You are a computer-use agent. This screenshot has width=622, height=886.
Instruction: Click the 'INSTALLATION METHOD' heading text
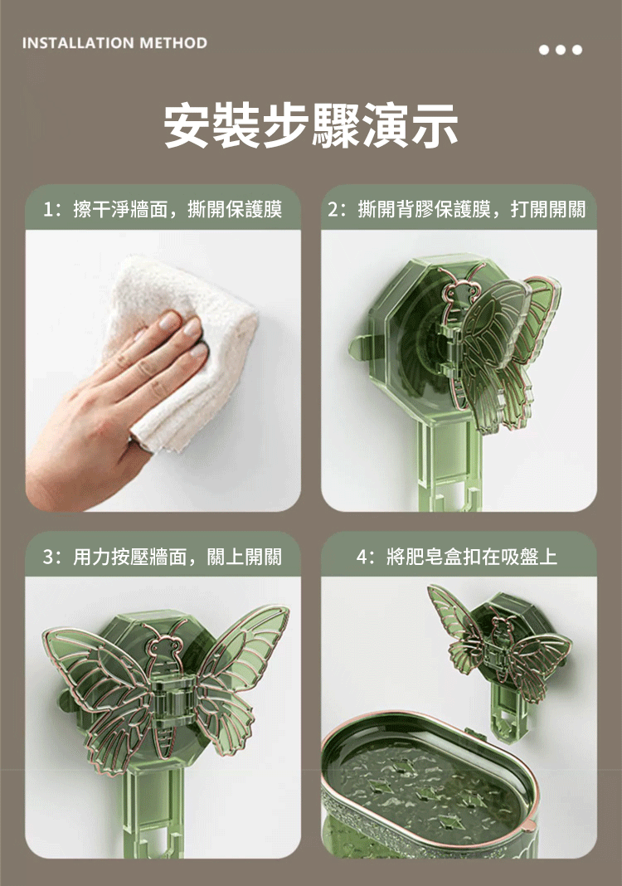tap(114, 43)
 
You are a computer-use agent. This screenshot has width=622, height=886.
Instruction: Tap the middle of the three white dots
tap(561, 50)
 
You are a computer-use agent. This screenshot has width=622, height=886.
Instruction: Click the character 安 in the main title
tap(188, 125)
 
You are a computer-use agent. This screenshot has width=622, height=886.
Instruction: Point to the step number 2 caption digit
tap(334, 210)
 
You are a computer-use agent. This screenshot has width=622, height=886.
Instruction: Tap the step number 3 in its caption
tap(50, 557)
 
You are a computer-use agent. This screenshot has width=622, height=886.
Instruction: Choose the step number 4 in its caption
tap(363, 557)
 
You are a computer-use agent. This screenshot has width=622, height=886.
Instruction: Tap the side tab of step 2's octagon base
tap(357, 347)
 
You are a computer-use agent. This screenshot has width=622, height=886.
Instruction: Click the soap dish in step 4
tap(430, 791)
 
